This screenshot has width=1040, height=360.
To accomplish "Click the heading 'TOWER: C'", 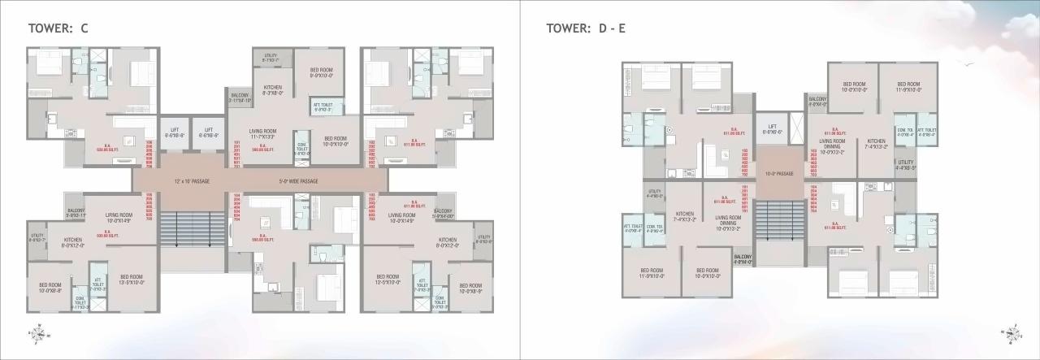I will click(x=58, y=28).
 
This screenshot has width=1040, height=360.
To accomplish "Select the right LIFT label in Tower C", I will click(x=208, y=132).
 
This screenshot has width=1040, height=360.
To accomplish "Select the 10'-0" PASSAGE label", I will click(x=779, y=173).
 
